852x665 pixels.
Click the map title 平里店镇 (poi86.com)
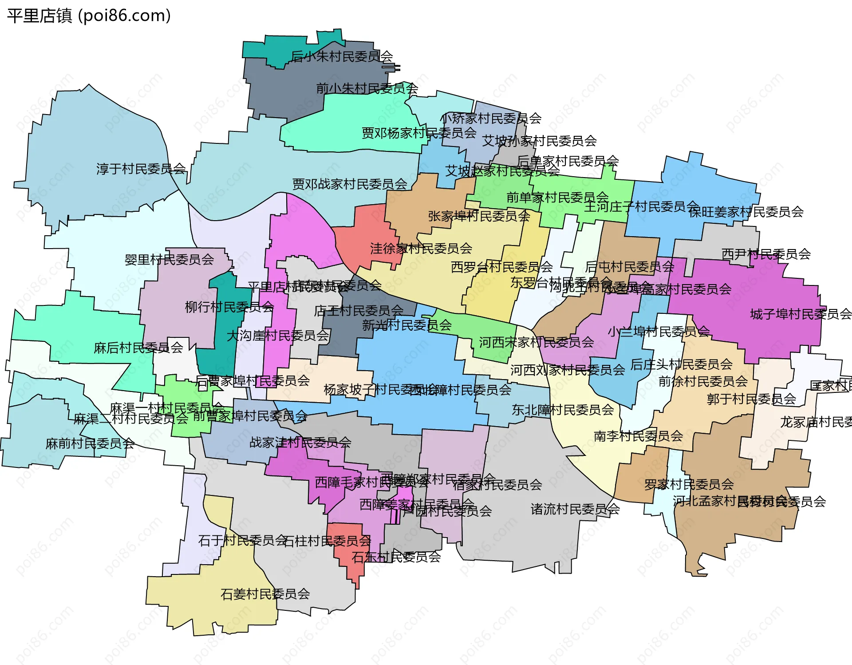point(89,16)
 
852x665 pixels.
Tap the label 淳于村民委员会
point(141,169)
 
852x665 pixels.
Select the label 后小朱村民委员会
point(342,56)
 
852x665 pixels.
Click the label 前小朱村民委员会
point(367,88)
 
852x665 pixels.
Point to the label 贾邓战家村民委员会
point(350,184)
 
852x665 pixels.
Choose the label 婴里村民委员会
point(169,259)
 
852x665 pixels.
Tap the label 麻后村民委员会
point(138,348)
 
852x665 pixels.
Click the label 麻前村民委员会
point(90,443)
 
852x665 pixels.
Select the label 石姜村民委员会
point(265,594)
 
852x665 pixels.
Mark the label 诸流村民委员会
point(575,509)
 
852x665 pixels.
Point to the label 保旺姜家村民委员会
point(746,212)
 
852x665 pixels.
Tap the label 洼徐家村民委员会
point(421,248)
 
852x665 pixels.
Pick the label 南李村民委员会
point(638,436)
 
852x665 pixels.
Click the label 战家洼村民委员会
point(300,442)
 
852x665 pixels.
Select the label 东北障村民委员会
point(563,410)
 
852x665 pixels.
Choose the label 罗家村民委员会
point(689,484)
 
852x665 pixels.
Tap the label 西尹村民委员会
point(766,254)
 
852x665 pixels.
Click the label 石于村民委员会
point(242,540)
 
